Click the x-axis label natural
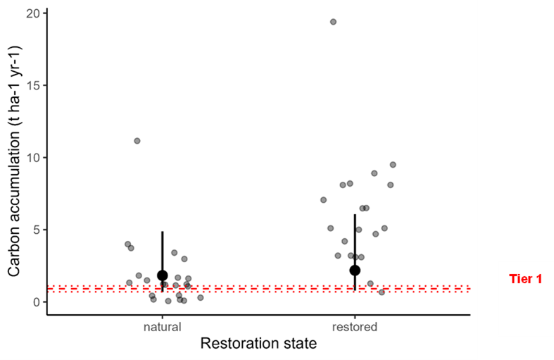pos(162,327)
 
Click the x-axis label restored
pos(355,327)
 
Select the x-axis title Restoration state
pos(258,344)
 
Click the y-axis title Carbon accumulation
pos(15,161)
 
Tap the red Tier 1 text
pos(525,279)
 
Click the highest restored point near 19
pos(334,22)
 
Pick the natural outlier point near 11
pos(137,141)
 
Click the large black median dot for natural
pos(163,275)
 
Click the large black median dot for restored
pos(355,270)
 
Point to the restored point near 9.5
pos(393,165)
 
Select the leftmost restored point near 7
pos(323,200)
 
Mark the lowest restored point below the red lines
pos(382,292)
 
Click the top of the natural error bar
pos(163,232)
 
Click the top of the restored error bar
pos(355,215)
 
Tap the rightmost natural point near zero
pos(201,298)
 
